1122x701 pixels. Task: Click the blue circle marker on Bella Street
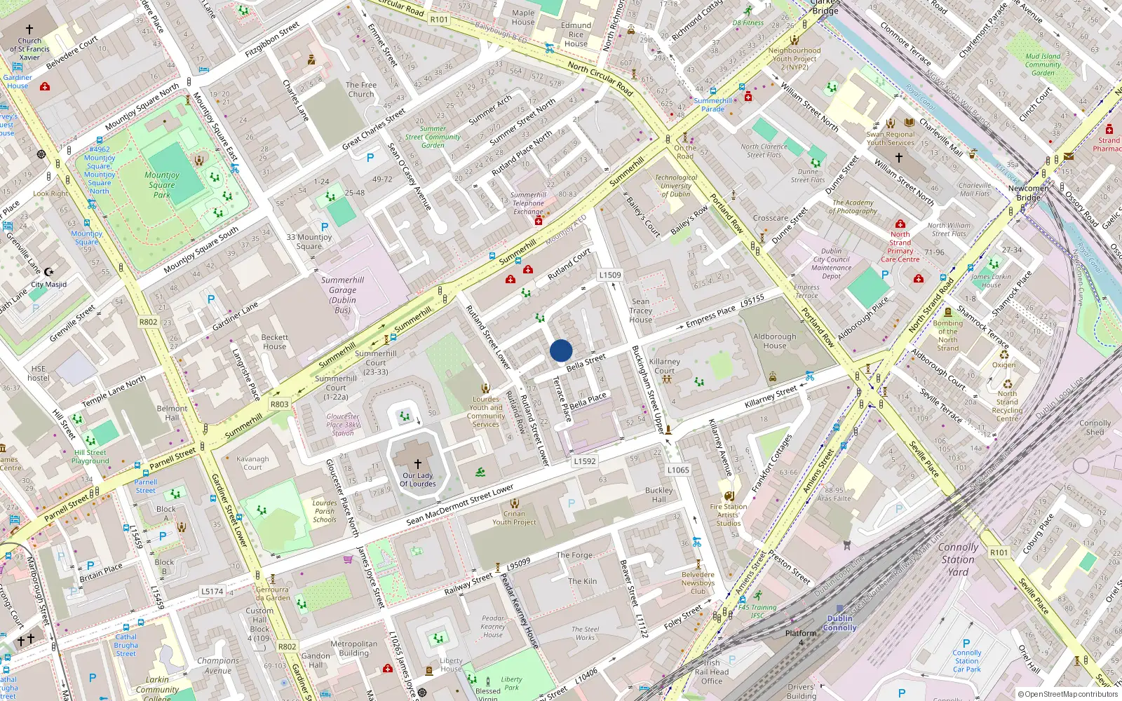click(561, 350)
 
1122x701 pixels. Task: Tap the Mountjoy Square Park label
click(162, 185)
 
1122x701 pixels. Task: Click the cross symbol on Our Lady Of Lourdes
click(418, 464)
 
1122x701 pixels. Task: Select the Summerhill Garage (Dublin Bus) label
click(342, 294)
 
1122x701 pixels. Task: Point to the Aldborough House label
click(774, 341)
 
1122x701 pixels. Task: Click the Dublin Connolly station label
click(839, 623)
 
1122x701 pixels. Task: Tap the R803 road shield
click(279, 404)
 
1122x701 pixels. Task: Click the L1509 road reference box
click(610, 275)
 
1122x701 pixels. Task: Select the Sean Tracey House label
click(640, 311)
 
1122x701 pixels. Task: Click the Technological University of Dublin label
click(676, 186)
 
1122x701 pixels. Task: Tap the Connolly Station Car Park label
click(966, 661)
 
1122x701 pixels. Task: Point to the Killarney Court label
click(664, 366)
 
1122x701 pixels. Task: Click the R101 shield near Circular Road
click(439, 20)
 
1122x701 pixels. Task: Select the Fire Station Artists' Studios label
click(728, 515)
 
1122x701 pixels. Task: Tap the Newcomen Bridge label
click(1029, 193)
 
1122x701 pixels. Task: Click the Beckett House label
click(274, 341)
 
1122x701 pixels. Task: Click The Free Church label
click(361, 89)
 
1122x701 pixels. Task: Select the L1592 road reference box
click(584, 461)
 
